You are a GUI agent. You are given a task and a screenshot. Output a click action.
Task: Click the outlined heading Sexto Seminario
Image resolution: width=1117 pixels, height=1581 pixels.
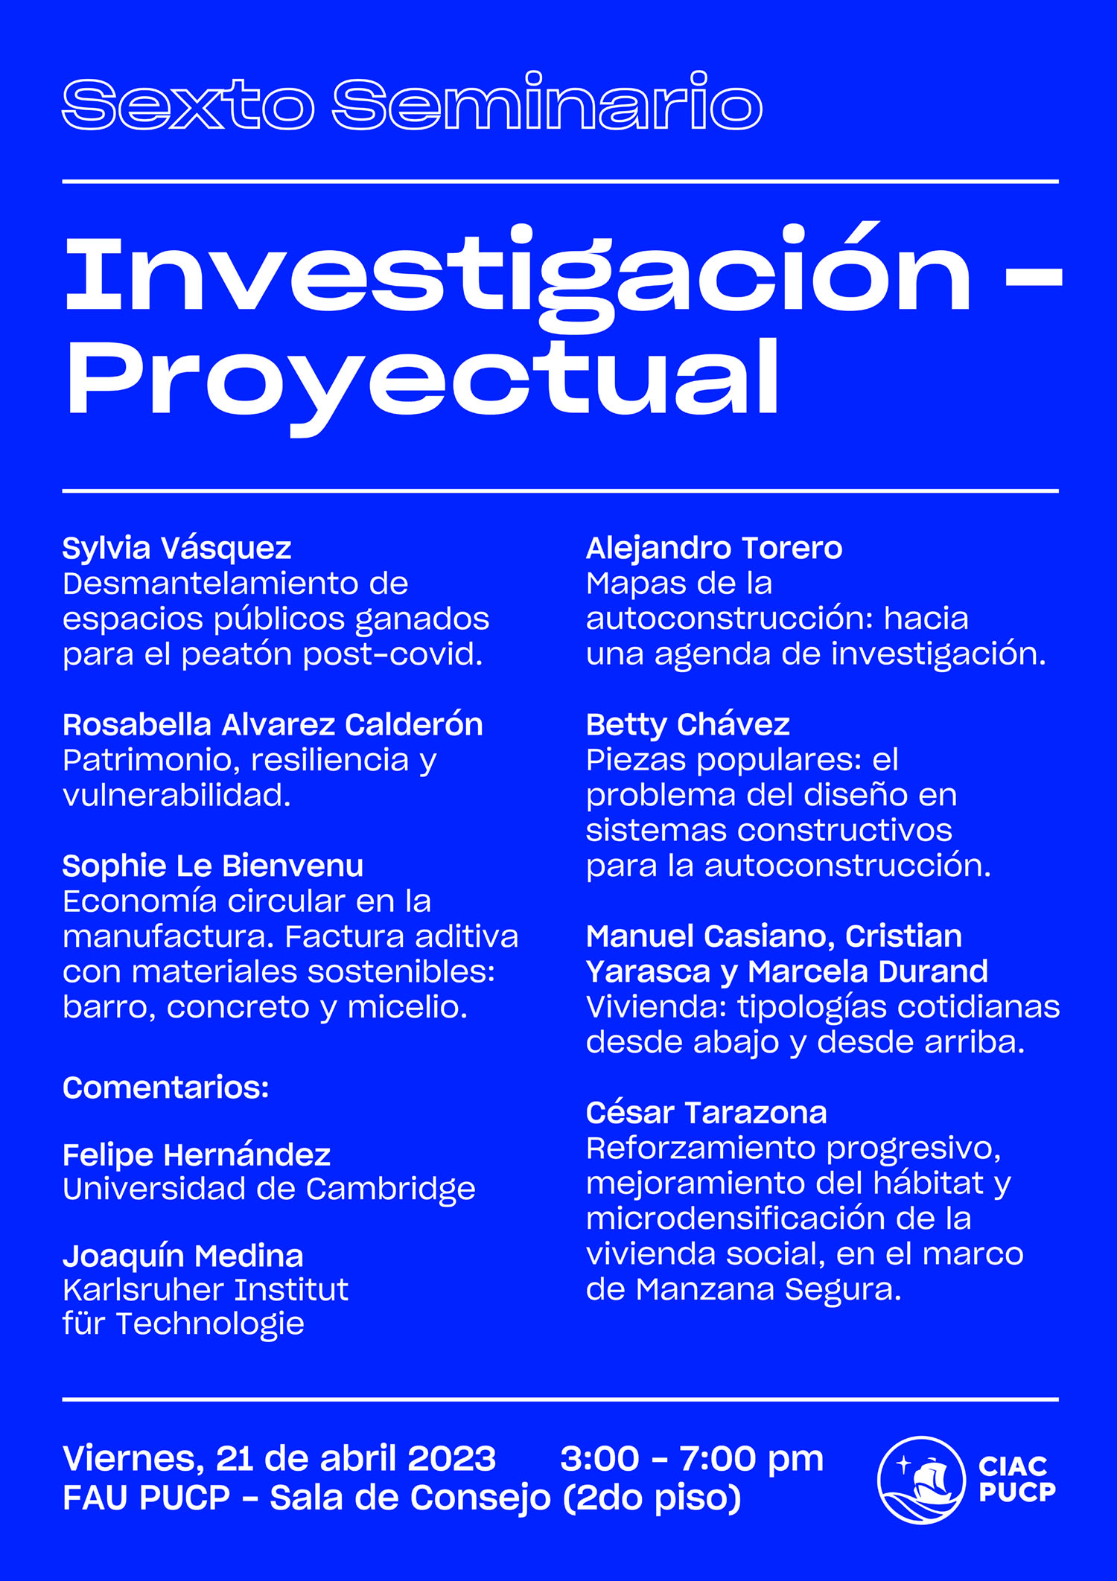412,103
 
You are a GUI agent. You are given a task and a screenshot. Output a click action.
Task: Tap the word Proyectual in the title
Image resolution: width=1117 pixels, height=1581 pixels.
422,377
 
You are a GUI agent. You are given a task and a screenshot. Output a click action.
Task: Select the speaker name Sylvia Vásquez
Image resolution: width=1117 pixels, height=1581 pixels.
176,549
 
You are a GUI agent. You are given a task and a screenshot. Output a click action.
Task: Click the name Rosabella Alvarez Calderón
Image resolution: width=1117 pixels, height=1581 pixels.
273,725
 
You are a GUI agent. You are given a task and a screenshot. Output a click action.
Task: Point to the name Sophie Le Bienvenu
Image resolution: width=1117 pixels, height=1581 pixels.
213,866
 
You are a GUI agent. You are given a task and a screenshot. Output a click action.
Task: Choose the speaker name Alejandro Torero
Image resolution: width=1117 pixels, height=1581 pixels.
713,549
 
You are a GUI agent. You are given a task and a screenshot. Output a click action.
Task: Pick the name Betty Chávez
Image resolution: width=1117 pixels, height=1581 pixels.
687,725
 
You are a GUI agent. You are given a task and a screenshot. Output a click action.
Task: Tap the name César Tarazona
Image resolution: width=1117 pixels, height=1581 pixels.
706,1114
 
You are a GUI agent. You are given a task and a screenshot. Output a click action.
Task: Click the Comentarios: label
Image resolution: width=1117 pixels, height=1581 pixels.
165,1088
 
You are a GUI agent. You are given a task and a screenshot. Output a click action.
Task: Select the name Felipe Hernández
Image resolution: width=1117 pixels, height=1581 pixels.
197,1155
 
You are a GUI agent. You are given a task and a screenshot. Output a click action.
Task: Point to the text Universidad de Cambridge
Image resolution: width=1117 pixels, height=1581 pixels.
269,1189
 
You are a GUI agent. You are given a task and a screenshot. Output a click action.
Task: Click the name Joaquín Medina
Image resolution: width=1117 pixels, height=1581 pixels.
183,1256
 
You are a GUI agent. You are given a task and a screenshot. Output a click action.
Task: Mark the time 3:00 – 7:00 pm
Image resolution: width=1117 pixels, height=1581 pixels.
692,1459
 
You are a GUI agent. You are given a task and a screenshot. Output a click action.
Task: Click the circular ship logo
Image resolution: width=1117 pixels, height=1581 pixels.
922,1480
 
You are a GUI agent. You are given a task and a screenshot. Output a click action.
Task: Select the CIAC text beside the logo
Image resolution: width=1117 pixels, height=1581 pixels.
1013,1466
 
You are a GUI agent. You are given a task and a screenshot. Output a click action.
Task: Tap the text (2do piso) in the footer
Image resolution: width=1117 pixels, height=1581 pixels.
652,1498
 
